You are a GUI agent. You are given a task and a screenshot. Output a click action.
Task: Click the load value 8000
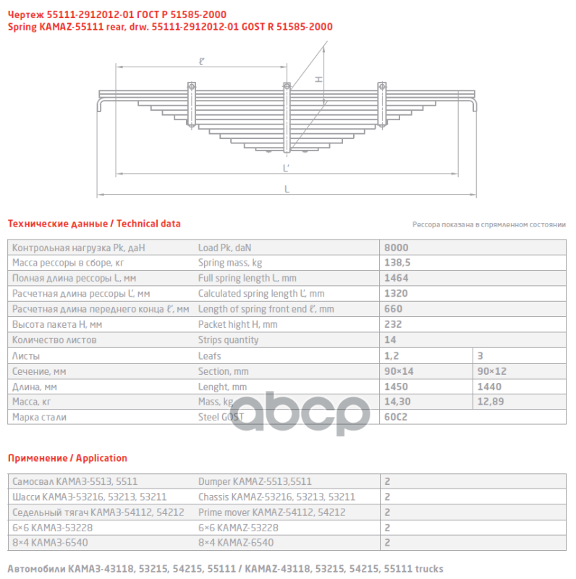(397, 247)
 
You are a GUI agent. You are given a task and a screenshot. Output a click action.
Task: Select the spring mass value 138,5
(399, 262)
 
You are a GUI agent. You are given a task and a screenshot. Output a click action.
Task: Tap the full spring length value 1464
(397, 277)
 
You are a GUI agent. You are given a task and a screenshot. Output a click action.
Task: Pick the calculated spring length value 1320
(397, 293)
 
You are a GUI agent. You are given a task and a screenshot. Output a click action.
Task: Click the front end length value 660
(394, 308)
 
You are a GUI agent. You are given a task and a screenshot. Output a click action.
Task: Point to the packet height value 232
(394, 324)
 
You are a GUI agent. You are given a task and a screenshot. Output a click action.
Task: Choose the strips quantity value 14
(391, 339)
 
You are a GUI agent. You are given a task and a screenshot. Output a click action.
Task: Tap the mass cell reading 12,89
(491, 401)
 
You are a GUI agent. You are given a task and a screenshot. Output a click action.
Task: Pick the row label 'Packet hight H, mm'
(237, 324)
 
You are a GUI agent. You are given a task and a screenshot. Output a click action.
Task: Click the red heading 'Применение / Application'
(67, 458)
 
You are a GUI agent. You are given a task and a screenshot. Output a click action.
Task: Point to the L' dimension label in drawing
(287, 168)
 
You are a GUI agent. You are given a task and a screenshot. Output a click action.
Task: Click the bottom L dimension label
(287, 190)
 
